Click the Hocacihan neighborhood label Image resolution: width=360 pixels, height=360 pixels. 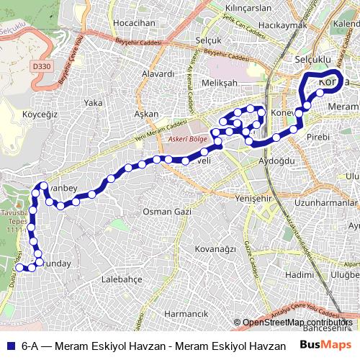(x=135, y=23)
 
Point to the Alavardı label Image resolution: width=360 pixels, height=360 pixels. (x=158, y=73)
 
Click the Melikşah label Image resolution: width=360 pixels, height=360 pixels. (x=220, y=84)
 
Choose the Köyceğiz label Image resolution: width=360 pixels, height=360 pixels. (x=40, y=114)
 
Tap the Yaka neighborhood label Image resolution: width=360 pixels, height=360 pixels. (x=94, y=103)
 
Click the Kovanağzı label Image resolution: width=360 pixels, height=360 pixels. (x=215, y=248)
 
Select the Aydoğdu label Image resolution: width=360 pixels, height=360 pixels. (x=277, y=161)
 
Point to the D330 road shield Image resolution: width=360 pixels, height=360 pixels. (x=42, y=66)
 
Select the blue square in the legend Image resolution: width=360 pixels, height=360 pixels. (x=10, y=346)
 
